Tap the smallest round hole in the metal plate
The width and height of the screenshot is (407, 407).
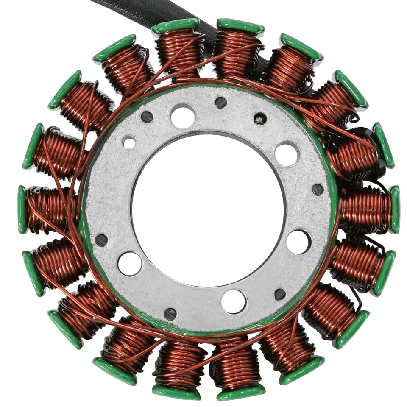click(x=129, y=142)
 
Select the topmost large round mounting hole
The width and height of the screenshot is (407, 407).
click(x=183, y=116)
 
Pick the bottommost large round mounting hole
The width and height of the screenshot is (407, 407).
click(x=234, y=301)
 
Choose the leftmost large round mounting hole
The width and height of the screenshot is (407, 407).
click(x=129, y=263)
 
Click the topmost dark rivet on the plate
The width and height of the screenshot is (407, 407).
click(x=220, y=102)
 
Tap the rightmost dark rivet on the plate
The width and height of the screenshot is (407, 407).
click(x=318, y=190)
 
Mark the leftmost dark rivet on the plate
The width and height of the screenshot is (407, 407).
click(x=101, y=240)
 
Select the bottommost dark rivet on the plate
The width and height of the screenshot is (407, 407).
click(x=170, y=314)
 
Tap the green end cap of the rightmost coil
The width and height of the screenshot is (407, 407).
click(x=395, y=209)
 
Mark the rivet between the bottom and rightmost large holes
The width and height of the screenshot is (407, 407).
click(x=280, y=294)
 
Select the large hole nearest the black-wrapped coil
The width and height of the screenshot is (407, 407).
click(x=287, y=154)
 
